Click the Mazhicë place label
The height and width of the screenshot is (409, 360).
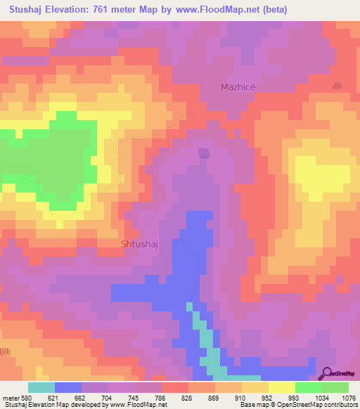236,87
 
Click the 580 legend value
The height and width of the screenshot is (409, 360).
27,397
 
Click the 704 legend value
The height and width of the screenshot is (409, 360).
108,397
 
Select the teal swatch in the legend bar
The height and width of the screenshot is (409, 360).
41,387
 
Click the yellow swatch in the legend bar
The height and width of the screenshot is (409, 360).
282,387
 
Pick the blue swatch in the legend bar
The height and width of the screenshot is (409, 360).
68,387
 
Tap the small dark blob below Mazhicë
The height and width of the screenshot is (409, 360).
204,152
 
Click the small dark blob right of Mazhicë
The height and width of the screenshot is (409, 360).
337,86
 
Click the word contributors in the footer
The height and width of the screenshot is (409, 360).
340,405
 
